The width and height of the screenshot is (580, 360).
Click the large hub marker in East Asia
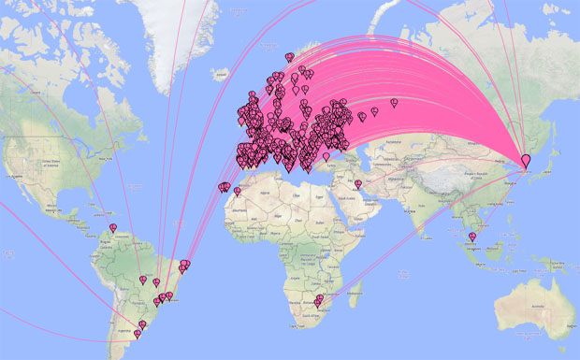click(525, 161)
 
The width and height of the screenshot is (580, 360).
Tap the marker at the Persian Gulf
click(357, 184)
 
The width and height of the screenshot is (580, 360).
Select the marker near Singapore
click(472, 237)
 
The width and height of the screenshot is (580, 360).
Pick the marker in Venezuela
click(113, 227)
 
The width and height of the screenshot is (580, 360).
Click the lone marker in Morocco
click(237, 192)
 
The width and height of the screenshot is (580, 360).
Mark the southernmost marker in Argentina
click(138, 333)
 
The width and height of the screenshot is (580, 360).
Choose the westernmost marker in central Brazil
click(143, 280)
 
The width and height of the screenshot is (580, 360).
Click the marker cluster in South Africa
click(318, 301)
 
